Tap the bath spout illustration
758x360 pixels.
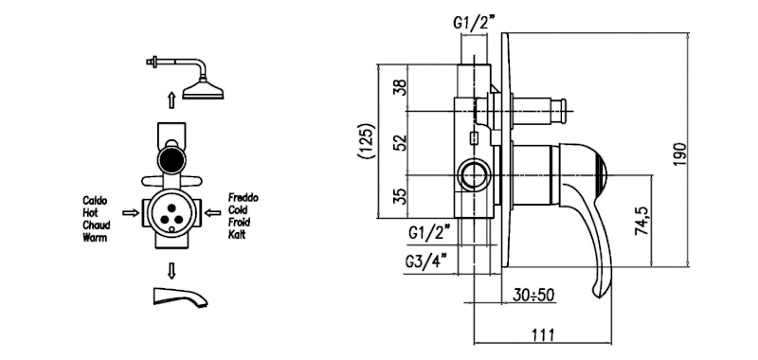[x=180, y=297]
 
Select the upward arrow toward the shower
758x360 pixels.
[x=171, y=101]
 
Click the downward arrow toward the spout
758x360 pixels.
[x=171, y=271]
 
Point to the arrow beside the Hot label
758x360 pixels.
[x=131, y=213]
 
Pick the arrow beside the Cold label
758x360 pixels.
[x=212, y=212]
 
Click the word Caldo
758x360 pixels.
[x=95, y=201]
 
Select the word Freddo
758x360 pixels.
[x=244, y=198]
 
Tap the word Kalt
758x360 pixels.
[x=237, y=235]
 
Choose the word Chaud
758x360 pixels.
[x=97, y=225]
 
